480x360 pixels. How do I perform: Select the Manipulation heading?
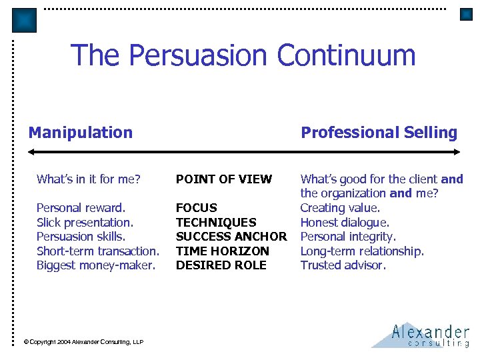click(81, 133)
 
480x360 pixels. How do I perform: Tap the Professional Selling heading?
click(379, 133)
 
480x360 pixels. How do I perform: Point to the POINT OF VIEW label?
click(224, 179)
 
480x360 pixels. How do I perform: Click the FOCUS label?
click(196, 208)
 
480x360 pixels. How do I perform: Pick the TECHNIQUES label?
click(216, 222)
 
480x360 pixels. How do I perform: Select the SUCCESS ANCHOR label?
click(231, 237)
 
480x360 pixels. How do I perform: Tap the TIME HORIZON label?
click(222, 251)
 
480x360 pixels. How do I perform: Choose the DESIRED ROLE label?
click(221, 265)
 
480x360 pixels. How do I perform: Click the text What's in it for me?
click(88, 179)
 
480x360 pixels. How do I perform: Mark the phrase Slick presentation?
click(85, 222)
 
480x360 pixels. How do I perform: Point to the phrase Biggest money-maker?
click(95, 265)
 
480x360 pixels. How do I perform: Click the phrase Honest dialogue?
click(345, 222)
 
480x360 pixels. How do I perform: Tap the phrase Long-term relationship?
click(362, 251)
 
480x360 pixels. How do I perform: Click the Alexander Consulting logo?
click(421, 335)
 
